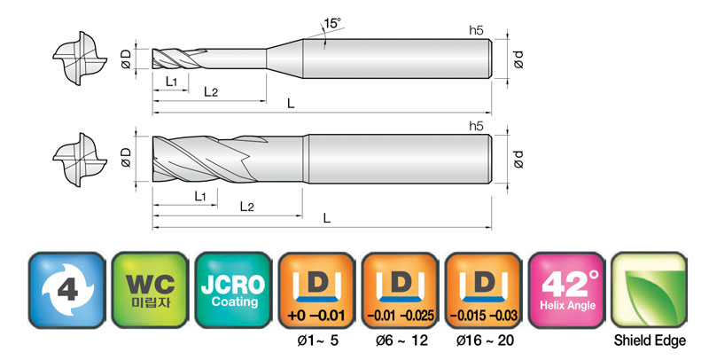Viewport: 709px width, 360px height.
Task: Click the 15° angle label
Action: coord(332,23)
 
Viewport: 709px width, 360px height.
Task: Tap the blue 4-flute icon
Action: coord(67,290)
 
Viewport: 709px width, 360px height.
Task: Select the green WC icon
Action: coord(150,290)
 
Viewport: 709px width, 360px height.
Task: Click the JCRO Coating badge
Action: coord(233,290)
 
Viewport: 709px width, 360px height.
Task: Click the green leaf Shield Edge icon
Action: coord(650,290)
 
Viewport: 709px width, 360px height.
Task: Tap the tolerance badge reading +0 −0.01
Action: coord(316,290)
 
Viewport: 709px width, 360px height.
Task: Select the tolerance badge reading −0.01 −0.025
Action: coord(400,290)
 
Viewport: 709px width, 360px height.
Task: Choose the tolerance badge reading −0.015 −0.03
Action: coord(483,290)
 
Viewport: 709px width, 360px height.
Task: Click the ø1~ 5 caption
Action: coord(317,340)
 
